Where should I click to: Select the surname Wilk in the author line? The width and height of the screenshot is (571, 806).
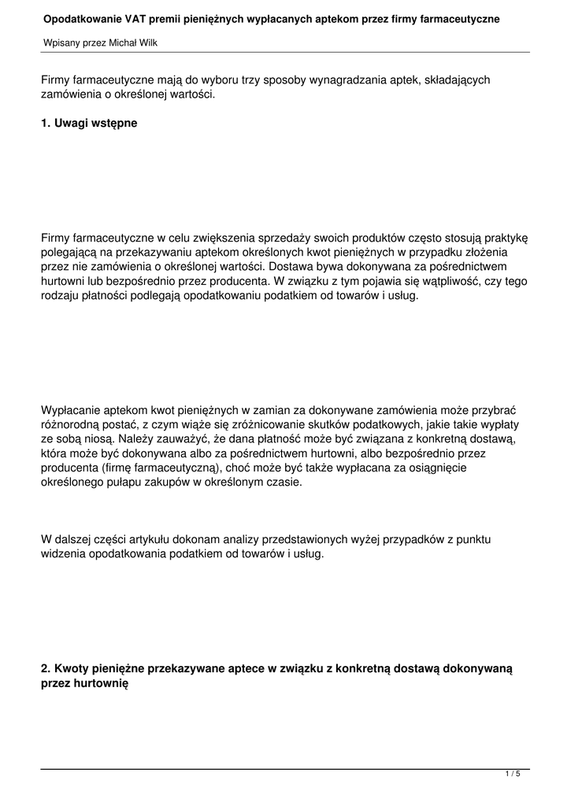[147, 43]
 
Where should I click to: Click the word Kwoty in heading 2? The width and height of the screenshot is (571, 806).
[71, 668]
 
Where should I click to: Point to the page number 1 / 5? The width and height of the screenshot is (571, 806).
[513, 775]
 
